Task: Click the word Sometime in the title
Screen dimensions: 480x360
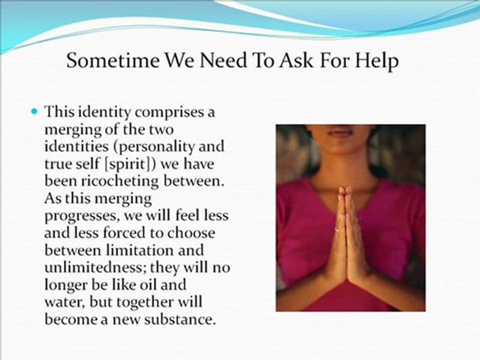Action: (113, 60)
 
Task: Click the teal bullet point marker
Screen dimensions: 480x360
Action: (35, 111)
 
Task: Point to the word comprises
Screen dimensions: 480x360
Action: (168, 113)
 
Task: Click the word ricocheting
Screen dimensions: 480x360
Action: (119, 181)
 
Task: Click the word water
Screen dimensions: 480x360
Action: (65, 302)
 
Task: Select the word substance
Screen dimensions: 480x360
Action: (178, 319)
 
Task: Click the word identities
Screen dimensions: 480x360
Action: (76, 146)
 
